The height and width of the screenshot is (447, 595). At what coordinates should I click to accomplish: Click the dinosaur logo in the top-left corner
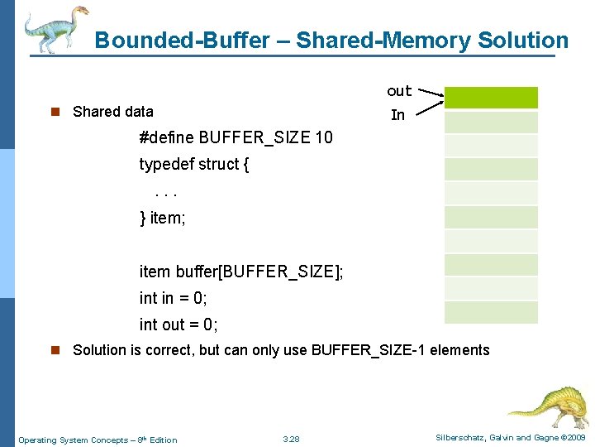coord(54,30)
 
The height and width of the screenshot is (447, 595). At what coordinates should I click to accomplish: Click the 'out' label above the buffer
coord(399,91)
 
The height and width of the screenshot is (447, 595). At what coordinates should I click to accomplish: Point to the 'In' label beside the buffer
coord(397,115)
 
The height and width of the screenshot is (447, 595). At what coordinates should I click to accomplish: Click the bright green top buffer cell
coord(491,98)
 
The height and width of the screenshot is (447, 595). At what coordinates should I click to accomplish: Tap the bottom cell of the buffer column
coord(491,312)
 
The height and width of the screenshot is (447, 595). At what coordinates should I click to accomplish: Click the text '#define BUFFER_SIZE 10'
coord(236,137)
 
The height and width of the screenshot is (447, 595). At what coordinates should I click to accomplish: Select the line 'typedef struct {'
coord(194,164)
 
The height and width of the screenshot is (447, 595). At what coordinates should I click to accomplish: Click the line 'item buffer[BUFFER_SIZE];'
coord(241,272)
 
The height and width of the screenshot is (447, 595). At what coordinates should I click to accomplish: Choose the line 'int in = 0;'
coord(173,298)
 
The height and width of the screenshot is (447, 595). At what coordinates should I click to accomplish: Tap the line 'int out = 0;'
coord(178,324)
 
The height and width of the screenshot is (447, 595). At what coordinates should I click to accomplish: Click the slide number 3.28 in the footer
coord(291,439)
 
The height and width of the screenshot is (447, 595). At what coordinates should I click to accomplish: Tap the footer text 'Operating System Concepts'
coord(72,440)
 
